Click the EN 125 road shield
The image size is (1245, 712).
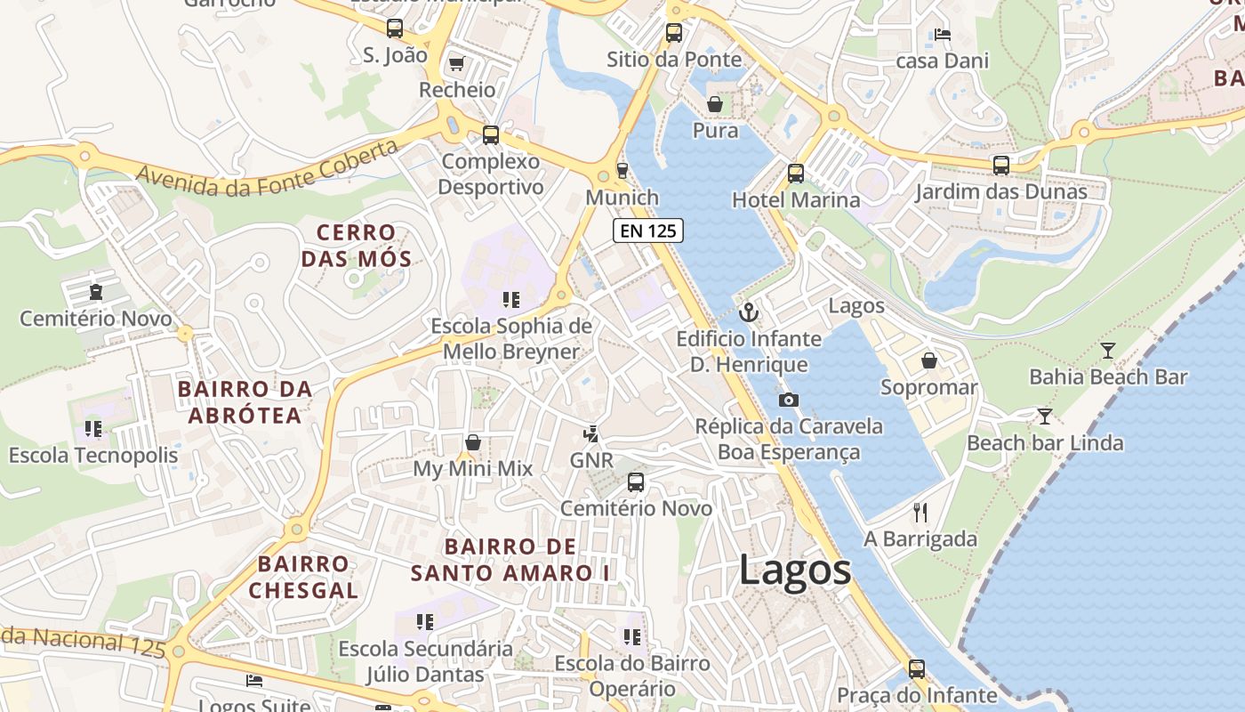point(647,231)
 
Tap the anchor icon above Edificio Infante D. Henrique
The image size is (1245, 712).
point(749,312)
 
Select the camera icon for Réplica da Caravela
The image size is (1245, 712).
point(788,400)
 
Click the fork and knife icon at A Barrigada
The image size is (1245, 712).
point(920,513)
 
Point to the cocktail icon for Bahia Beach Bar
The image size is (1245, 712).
point(1108,351)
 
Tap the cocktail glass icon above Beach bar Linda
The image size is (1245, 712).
point(1045,416)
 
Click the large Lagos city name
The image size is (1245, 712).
point(795,570)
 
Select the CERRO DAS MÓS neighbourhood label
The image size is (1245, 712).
point(356,247)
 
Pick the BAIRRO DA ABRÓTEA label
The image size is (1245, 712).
point(245,401)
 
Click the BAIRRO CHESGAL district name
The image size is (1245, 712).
point(303,577)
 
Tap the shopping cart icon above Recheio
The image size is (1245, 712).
point(457,63)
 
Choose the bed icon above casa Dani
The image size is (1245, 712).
point(943,35)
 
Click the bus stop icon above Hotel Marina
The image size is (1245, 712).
point(796,174)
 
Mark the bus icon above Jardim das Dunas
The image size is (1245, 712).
point(1001,165)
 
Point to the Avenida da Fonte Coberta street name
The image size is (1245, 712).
point(267,169)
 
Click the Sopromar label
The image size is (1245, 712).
point(928,387)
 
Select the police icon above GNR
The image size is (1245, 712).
point(590,433)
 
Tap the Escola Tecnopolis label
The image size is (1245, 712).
point(93,455)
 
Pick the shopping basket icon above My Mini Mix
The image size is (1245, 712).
point(473,442)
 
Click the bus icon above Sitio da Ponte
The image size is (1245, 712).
point(674,33)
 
